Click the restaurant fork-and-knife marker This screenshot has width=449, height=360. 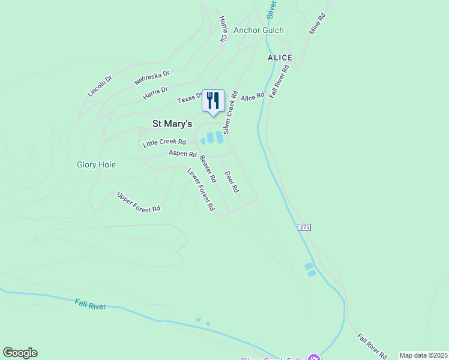(x=212, y=101)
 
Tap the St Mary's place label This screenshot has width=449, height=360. (x=172, y=124)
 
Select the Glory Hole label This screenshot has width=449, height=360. (x=96, y=164)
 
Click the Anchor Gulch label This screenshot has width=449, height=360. (x=259, y=31)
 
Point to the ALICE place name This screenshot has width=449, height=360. (x=280, y=58)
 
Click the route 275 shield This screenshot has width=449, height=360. (x=304, y=227)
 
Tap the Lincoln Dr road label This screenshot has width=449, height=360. (x=100, y=86)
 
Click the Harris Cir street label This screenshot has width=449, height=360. (x=223, y=29)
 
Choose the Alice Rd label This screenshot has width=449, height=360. (x=252, y=97)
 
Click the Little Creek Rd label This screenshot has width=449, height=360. (x=164, y=143)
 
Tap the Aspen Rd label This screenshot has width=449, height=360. (x=182, y=154)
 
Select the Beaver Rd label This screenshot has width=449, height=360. (x=207, y=169)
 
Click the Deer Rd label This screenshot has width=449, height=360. (x=232, y=181)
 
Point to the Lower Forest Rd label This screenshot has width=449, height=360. (x=201, y=189)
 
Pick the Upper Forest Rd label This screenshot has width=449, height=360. (x=139, y=202)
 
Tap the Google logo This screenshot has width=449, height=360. (x=20, y=353)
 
